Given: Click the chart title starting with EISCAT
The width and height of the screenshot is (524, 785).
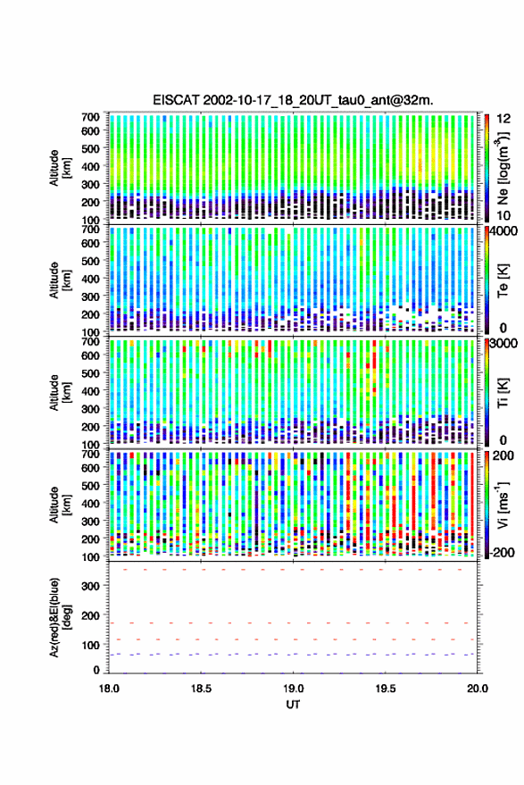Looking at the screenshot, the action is point(293,100).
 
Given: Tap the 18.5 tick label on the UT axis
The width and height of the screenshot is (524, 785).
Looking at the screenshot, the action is point(201,689).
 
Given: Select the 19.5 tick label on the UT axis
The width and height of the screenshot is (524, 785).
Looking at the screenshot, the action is point(385,689).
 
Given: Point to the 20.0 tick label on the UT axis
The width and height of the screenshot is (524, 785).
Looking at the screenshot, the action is point(477,689).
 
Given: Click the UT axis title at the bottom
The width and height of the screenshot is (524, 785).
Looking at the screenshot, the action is point(293,705).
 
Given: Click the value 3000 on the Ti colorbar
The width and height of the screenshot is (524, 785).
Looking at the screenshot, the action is point(504,343).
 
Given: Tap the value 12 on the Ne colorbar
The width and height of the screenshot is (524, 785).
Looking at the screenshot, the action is point(503,118).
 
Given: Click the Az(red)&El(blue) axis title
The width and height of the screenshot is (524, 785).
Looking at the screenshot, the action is point(60,617).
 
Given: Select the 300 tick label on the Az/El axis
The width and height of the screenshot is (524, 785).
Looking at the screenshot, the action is point(90,586).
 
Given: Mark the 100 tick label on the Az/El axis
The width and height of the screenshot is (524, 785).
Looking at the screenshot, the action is point(90,645).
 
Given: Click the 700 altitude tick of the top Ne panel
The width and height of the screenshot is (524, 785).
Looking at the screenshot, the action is point(90,117).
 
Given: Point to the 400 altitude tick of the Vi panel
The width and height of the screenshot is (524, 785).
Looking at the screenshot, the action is point(90,503).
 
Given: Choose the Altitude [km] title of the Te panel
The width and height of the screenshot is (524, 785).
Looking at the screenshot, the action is point(60,280).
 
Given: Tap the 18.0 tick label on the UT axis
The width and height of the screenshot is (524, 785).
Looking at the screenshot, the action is point(109,689).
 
